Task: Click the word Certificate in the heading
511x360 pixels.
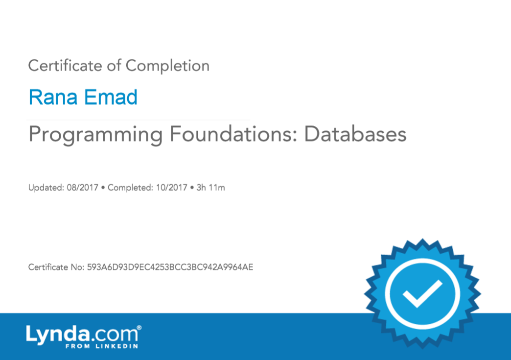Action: click(x=65, y=66)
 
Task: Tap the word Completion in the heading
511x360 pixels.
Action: click(x=167, y=66)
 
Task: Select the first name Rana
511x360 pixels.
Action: click(x=53, y=97)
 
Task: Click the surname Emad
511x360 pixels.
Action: click(x=111, y=97)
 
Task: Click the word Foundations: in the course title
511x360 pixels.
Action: click(x=233, y=134)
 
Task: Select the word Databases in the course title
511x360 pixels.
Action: click(x=355, y=134)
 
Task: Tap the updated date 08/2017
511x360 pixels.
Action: click(x=82, y=188)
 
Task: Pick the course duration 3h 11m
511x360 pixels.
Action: click(x=210, y=188)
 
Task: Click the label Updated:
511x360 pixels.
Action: click(x=46, y=188)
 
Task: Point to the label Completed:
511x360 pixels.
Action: click(x=130, y=188)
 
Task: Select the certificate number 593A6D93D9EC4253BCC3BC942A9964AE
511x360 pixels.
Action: click(x=170, y=267)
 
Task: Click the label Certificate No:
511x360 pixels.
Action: click(x=56, y=267)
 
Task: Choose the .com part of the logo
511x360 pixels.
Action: click(x=114, y=335)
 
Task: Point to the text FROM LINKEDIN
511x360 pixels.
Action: click(x=102, y=346)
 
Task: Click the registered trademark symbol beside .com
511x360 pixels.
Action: click(x=139, y=327)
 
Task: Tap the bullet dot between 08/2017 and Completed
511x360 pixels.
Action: click(x=103, y=188)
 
